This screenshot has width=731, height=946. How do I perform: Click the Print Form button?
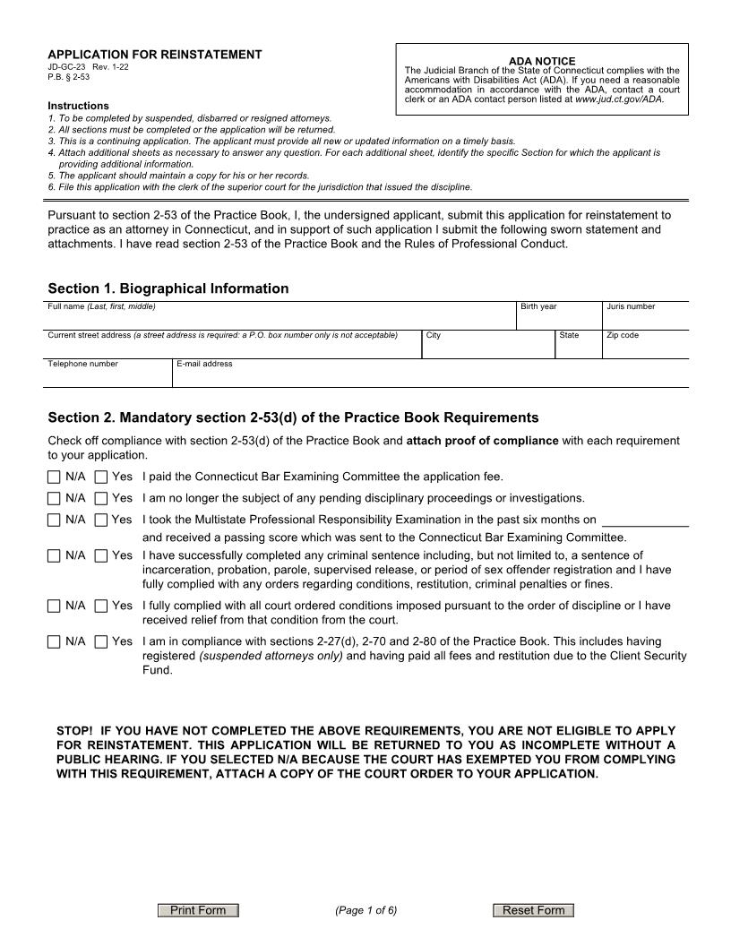click(x=198, y=911)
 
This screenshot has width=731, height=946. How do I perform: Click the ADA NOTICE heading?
click(x=541, y=61)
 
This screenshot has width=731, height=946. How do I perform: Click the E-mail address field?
click(x=430, y=377)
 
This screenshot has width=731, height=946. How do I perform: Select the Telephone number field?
click(x=107, y=377)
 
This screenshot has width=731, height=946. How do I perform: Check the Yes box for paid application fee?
click(x=101, y=477)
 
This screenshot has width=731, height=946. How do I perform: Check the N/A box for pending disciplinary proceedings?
click(x=55, y=498)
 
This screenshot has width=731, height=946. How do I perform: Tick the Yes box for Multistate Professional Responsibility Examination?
click(x=101, y=520)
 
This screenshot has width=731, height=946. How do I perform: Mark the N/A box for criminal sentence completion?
click(x=55, y=555)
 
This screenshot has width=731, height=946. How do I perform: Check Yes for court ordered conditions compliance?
click(x=101, y=606)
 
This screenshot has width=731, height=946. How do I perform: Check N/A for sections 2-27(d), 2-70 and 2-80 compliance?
click(x=55, y=641)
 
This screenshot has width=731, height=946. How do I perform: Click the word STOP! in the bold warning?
click(x=74, y=731)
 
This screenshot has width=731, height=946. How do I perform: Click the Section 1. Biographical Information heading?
click(x=168, y=288)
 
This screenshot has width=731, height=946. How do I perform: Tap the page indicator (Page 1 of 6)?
click(x=365, y=911)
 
